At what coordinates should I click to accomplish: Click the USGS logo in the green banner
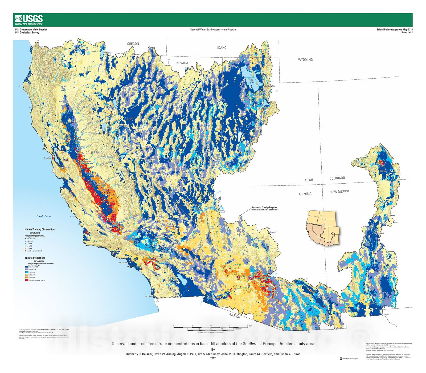pyautogui.click(x=29, y=20)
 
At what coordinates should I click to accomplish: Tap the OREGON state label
pyautogui.click(x=133, y=44)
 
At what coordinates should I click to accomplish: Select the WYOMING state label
pyautogui.click(x=305, y=60)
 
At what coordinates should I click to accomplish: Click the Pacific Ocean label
pyautogui.click(x=44, y=216)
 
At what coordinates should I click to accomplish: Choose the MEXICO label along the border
pyautogui.click(x=235, y=316)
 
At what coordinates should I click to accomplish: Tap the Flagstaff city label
pyautogui.click(x=273, y=232)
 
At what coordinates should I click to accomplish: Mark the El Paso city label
pyautogui.click(x=386, y=314)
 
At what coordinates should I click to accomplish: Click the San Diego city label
pyautogui.click(x=149, y=296)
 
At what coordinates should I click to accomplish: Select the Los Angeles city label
pyautogui.click(x=123, y=263)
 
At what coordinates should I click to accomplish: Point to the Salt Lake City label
pyautogui.click(x=270, y=86)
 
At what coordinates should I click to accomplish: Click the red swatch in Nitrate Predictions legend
pyautogui.click(x=27, y=280)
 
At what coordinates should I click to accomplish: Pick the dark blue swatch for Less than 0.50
pyautogui.click(x=27, y=267)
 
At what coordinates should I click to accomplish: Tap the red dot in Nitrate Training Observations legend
pyautogui.click(x=26, y=251)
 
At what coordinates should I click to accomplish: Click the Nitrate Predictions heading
pyautogui.click(x=35, y=258)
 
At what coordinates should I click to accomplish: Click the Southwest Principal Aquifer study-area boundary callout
pyautogui.click(x=264, y=208)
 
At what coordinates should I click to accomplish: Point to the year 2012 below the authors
pyautogui.click(x=213, y=358)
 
